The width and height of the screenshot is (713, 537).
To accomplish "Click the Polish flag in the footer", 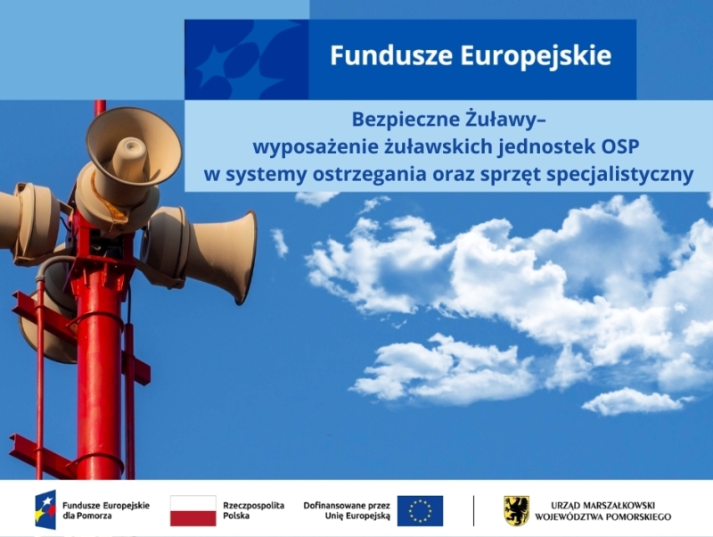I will tap(193, 511).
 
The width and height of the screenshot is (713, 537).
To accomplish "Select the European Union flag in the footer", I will tap(420, 511).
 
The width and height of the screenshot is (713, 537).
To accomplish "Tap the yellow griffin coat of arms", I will tap(516, 511).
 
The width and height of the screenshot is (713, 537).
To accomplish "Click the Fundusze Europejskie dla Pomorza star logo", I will tap(45, 510).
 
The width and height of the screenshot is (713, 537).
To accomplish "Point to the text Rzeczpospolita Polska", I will tap(253, 510).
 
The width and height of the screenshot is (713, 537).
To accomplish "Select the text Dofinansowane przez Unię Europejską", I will tap(347, 510).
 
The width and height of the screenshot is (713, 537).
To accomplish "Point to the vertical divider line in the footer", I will tap(473, 511).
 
